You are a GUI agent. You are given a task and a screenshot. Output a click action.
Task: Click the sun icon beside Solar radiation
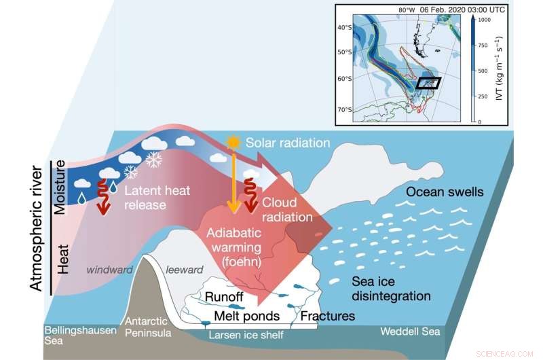tap(234, 143)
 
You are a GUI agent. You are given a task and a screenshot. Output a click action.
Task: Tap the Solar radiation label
tap(287, 143)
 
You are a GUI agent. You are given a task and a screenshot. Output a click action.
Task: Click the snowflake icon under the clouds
tap(155, 160)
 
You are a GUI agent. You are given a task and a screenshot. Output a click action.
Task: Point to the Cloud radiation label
tap(288, 210)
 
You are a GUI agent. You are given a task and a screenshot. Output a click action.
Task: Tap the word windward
tap(109, 269)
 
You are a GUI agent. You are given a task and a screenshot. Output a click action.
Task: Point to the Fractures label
tap(328, 316)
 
